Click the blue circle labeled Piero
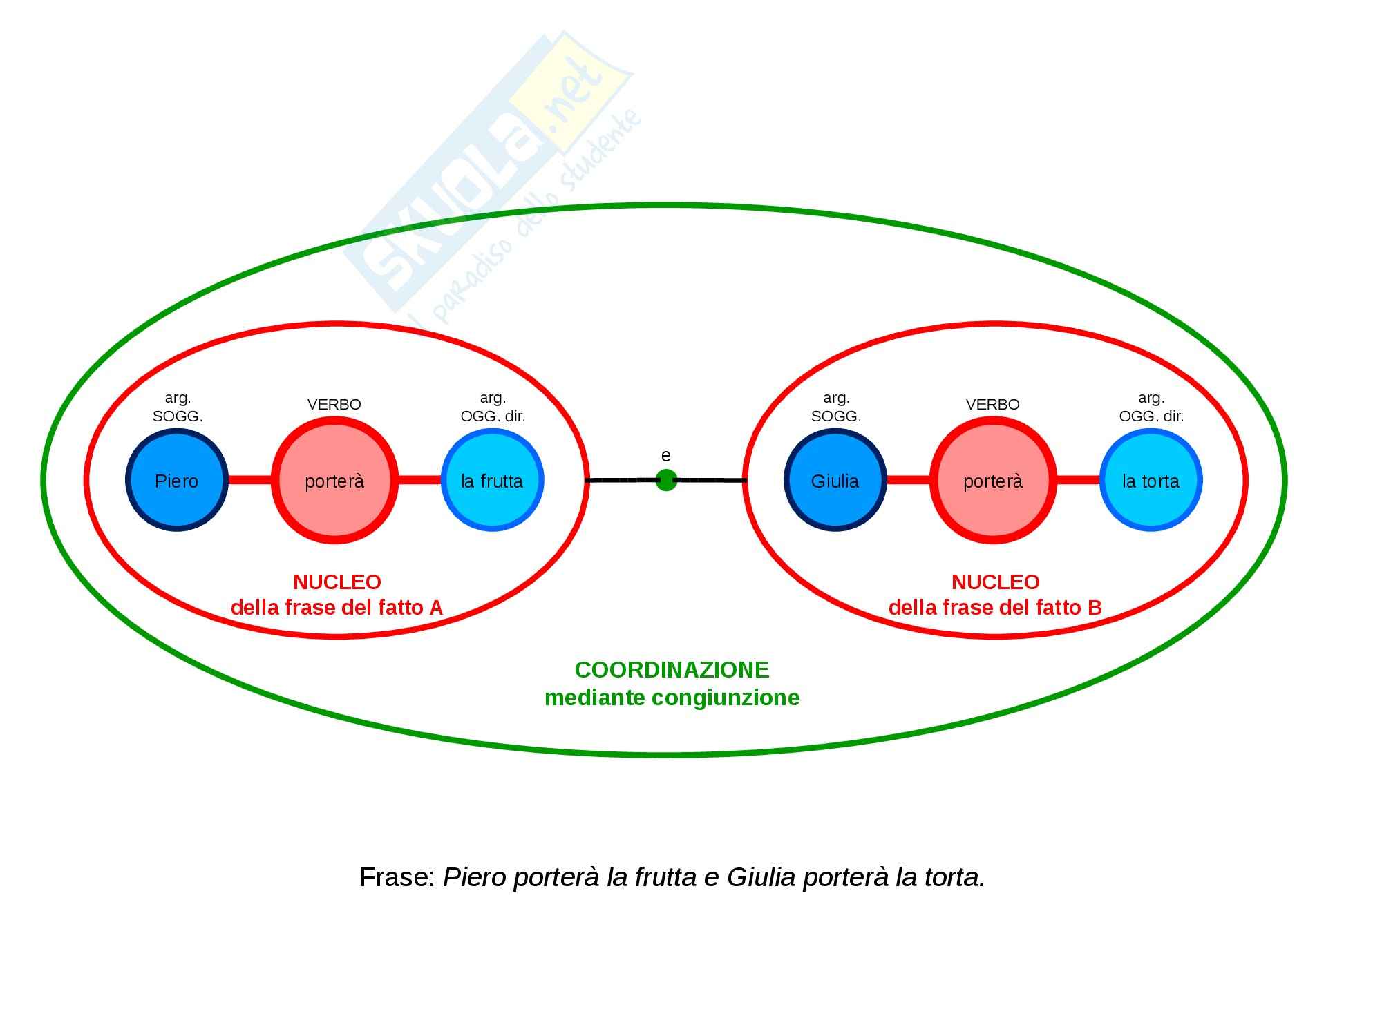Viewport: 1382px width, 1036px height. tap(177, 481)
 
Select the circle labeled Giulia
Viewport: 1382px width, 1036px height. tap(835, 481)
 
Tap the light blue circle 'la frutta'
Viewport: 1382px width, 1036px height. tap(492, 481)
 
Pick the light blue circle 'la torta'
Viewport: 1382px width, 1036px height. tap(1151, 481)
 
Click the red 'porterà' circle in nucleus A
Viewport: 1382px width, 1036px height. tap(334, 481)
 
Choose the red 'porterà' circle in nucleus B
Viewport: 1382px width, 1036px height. tap(993, 481)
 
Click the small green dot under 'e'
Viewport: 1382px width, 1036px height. tap(666, 480)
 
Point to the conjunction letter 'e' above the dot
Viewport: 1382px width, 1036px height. tap(666, 456)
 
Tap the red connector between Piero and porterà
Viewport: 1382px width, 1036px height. tap(249, 480)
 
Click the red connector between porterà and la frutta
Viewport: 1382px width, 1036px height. tap(419, 480)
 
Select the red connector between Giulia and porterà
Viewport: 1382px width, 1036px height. tap(908, 480)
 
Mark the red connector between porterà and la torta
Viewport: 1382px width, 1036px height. tap(1078, 480)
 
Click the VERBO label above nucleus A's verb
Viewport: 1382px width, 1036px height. tap(334, 405)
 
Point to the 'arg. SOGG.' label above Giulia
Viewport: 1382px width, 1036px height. tap(836, 407)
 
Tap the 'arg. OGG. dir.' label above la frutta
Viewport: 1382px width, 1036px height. tap(493, 407)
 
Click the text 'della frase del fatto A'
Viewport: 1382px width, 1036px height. tap(337, 608)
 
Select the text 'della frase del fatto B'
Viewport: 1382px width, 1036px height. tap(995, 608)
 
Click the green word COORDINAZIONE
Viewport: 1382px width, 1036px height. tap(672, 670)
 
